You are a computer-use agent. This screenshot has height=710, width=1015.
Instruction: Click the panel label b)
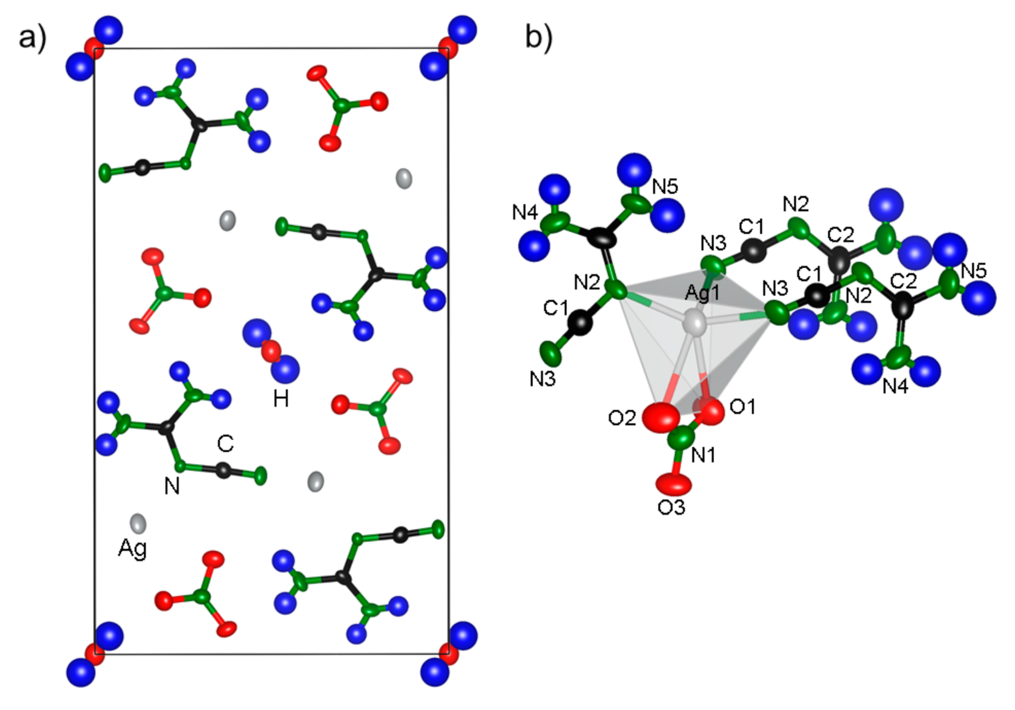pos(538,37)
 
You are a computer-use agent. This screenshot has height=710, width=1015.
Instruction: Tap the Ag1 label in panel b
pos(702,293)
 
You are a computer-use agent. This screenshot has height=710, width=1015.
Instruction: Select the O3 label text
pos(671,508)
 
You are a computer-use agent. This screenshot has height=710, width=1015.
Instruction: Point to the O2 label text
pos(622,418)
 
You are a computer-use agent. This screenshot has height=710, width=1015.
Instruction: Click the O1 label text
pos(743,407)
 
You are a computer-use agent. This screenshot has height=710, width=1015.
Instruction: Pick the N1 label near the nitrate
pos(703,455)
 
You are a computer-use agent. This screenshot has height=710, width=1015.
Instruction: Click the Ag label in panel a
pos(132,548)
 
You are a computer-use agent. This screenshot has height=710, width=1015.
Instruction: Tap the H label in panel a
pos(281,399)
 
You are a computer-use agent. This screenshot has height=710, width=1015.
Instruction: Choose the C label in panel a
pos(225,443)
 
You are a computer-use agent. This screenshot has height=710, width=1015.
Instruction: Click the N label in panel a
pos(172,486)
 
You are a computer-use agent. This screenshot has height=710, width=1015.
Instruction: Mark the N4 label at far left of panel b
pos(524,212)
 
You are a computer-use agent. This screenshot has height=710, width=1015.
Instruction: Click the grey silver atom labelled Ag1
pos(695,323)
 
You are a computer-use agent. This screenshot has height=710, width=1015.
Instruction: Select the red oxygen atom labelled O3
pos(674,483)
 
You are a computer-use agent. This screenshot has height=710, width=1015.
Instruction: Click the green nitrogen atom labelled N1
pos(682,438)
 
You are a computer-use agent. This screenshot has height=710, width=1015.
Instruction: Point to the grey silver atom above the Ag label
pos(138,523)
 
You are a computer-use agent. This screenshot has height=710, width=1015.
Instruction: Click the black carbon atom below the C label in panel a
pos(223,470)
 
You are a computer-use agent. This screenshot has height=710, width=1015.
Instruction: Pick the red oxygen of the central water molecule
pos(271,351)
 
